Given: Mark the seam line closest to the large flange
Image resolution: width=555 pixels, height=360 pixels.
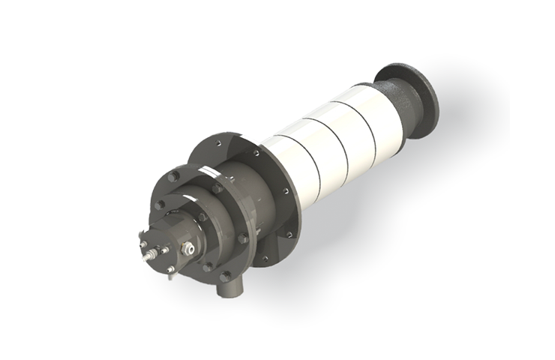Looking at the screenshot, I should point(308,162).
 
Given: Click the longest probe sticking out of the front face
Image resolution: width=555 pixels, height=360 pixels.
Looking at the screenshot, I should point(145,244).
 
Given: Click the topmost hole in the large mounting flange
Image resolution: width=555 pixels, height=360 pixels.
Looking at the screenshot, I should point(218,139).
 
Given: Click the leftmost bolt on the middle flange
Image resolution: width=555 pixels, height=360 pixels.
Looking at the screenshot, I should point(158,204).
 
